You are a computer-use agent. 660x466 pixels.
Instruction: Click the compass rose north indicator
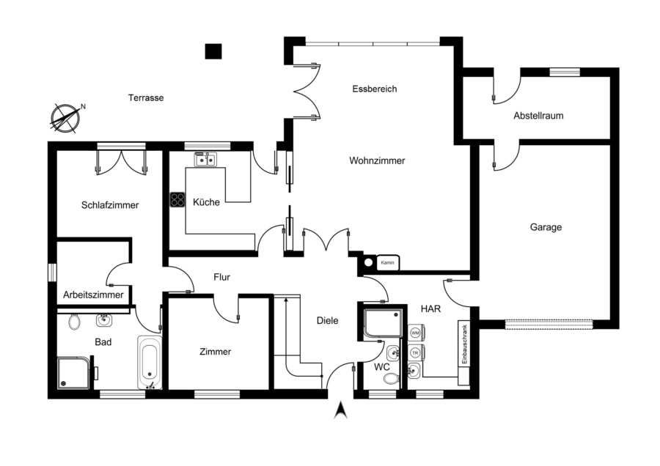point(66,118)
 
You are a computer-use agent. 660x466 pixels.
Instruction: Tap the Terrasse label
point(146,97)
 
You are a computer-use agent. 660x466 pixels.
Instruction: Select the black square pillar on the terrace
point(213,51)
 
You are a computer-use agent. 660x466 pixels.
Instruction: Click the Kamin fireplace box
point(388,263)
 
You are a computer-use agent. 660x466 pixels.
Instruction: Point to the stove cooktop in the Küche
point(177,199)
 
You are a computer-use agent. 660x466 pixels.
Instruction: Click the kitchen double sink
point(206,160)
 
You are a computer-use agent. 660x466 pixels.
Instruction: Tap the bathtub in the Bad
point(150,362)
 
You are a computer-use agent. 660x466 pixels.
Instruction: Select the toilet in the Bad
point(75,321)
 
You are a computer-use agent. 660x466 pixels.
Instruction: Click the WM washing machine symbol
point(416,333)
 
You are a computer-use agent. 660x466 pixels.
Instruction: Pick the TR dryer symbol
point(416,353)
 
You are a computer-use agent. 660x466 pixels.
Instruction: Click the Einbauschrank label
point(465,344)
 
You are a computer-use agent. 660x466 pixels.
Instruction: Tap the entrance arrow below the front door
point(340,410)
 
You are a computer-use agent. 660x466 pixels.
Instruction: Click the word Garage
point(546,228)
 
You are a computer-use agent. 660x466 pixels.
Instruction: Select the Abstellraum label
point(538,116)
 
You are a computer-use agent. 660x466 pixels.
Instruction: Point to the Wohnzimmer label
point(377,160)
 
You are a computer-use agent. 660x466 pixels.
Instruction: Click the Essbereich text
point(375,89)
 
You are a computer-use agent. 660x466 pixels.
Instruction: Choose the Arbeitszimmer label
point(93,295)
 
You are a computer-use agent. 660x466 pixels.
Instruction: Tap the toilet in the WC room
point(392,379)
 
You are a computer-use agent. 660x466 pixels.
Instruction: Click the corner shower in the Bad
point(73,373)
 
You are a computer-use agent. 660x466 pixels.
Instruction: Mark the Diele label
point(328,320)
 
